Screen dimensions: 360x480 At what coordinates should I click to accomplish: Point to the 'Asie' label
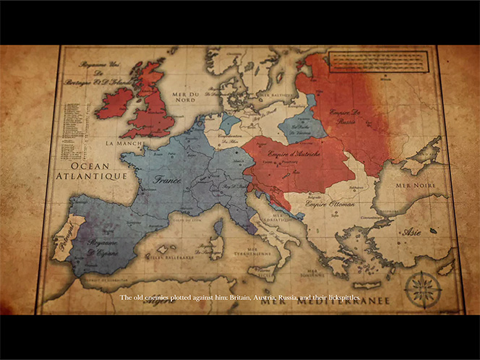pyautogui.click(x=413, y=232)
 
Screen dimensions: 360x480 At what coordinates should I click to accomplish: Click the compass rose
pyautogui.click(x=423, y=288)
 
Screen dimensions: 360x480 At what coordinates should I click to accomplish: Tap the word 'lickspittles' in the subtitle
pyautogui.click(x=340, y=298)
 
